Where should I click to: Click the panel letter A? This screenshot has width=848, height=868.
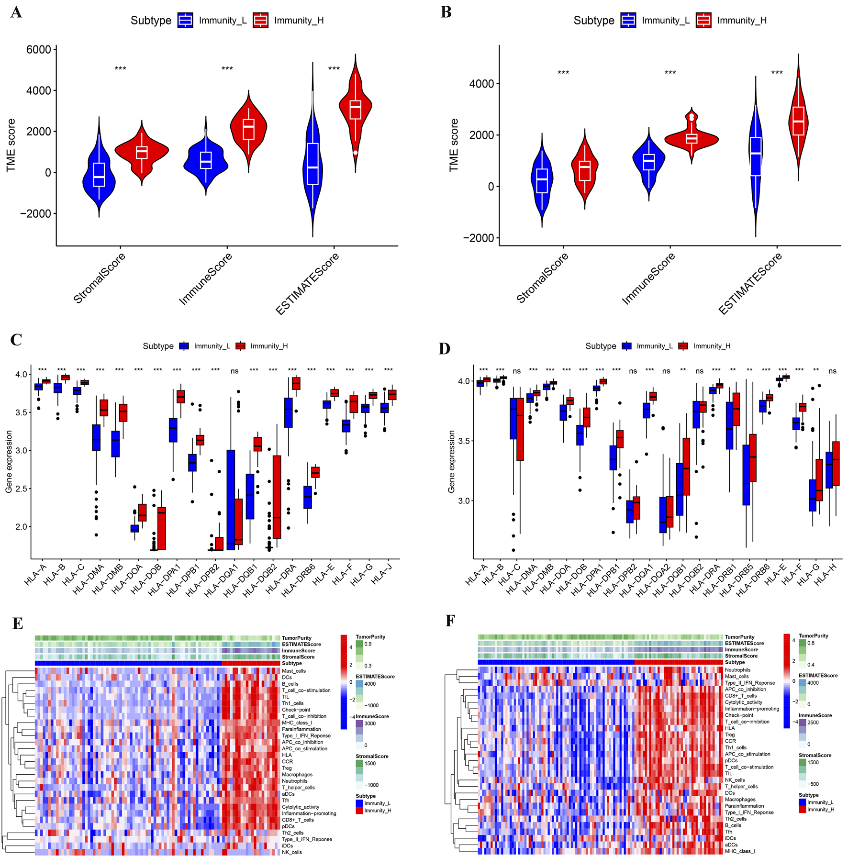(x=16, y=12)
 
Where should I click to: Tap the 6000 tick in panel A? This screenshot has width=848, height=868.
(x=38, y=50)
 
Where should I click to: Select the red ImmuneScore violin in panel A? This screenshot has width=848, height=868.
(x=248, y=127)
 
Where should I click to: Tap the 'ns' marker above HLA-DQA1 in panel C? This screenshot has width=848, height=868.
(x=234, y=371)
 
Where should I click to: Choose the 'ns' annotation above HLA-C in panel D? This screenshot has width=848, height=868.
(x=516, y=371)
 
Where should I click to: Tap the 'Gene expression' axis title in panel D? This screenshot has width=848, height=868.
(x=451, y=461)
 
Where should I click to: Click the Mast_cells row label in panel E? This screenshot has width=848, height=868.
(x=294, y=671)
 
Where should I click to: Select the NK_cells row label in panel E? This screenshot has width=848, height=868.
(x=292, y=852)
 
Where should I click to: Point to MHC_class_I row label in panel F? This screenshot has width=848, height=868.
(x=739, y=851)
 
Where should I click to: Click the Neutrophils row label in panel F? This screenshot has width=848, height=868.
(x=737, y=670)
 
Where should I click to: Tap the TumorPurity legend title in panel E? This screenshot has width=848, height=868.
(x=370, y=637)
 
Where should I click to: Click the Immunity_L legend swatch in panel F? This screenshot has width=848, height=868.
(x=803, y=802)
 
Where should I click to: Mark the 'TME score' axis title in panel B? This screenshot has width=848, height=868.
(x=454, y=145)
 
